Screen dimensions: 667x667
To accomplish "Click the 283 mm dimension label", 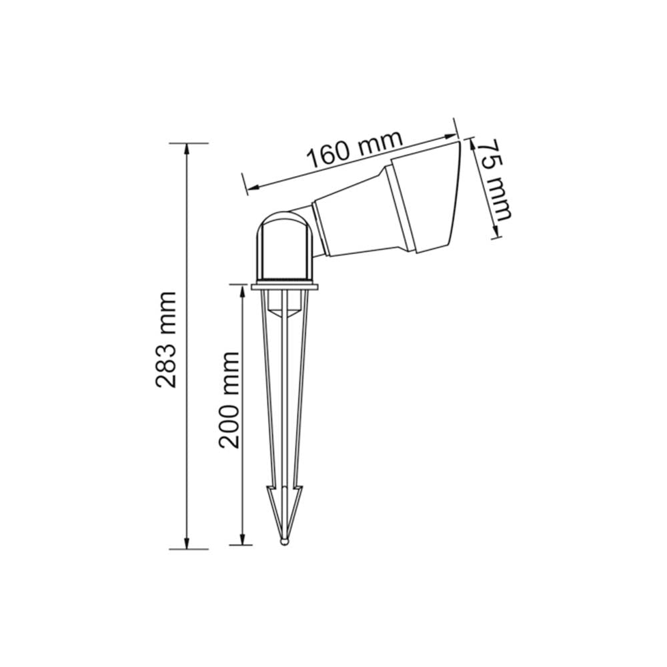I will pos(166,340).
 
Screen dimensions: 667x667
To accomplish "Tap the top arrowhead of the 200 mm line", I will pos(241,289).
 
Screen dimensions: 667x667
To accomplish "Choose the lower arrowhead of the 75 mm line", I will pos(495,233).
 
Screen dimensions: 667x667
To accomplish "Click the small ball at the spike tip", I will pos(285,542).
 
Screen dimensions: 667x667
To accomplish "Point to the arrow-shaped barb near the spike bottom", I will pos(285,500).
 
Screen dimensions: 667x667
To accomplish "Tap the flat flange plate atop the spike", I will pos(285,287).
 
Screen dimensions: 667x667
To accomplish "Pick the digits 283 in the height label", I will pos(166,365).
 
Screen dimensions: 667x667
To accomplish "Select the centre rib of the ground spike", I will pos(285,400).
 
